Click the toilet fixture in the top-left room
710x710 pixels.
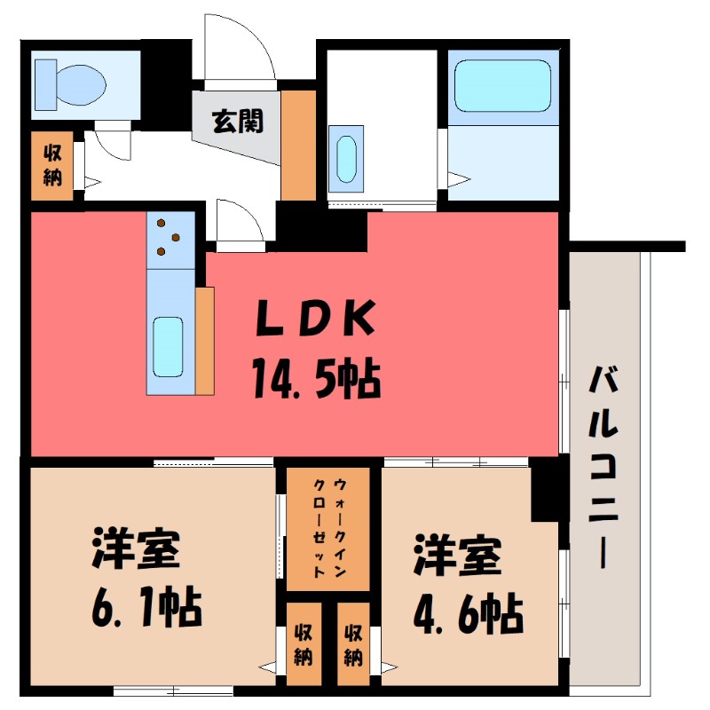pyautogui.click(x=71, y=82)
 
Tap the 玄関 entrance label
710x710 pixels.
pyautogui.click(x=237, y=120)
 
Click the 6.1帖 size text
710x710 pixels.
pyautogui.click(x=146, y=610)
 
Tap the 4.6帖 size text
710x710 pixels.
pyautogui.click(x=466, y=610)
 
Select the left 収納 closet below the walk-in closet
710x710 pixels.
pyautogui.click(x=304, y=646)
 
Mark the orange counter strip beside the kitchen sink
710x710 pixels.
pyautogui.click(x=205, y=341)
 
